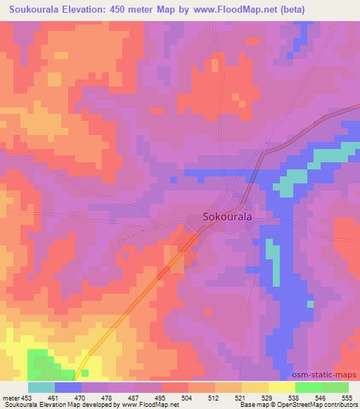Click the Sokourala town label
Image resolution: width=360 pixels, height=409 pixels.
(227, 217)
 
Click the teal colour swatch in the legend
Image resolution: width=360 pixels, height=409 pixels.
(41, 387)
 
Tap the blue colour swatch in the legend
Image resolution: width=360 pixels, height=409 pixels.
(68, 387)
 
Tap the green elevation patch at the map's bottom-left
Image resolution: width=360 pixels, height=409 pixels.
(44, 365)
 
